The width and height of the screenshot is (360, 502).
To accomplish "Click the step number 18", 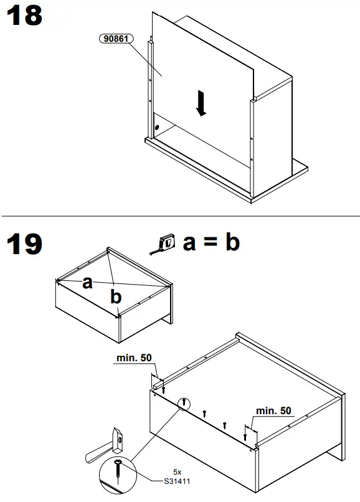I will tap(24, 16).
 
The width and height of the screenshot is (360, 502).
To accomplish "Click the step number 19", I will tap(24, 244).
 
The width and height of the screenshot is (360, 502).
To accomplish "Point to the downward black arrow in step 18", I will tap(201, 102).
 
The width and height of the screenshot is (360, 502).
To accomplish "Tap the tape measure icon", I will tap(165, 244).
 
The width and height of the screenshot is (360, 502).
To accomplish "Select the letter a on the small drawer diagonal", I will tap(87, 283).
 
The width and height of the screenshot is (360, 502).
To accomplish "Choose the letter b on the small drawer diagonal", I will tap(116, 297).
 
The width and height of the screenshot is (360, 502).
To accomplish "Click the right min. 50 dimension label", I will tap(273, 410).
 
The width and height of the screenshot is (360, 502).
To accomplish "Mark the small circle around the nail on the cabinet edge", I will tap(184, 403).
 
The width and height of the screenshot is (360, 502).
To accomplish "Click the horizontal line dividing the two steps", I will tap(180, 216).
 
